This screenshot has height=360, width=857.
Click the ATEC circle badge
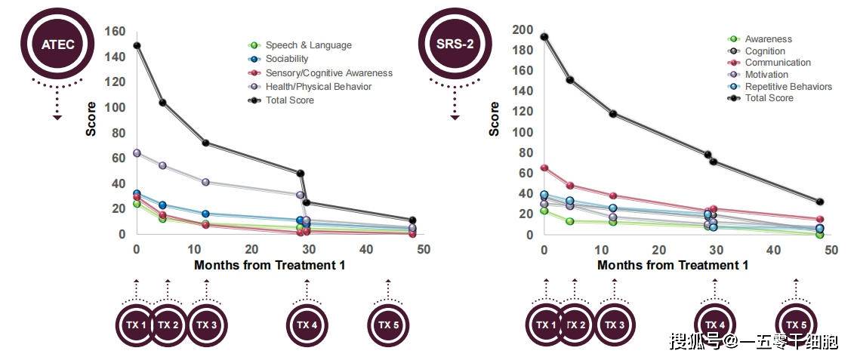click(57, 45)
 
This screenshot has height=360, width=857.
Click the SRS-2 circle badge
click(455, 44)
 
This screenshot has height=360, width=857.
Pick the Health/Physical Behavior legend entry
click(318, 86)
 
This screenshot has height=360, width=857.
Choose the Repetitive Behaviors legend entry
click(788, 86)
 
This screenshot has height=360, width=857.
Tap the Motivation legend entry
click(766, 75)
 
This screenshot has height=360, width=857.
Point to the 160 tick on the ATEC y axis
click(116, 32)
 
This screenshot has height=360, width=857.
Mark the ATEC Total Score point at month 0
click(137, 45)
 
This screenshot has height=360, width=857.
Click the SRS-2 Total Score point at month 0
click(544, 37)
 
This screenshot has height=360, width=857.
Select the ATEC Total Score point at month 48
click(412, 220)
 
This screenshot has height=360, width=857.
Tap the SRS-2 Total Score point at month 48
click(819, 202)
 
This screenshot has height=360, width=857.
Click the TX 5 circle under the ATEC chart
click(388, 325)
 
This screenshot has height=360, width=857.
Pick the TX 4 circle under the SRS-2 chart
click(715, 325)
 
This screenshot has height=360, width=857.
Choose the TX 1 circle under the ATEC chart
click(136, 325)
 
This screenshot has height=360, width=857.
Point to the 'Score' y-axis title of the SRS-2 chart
click(494, 119)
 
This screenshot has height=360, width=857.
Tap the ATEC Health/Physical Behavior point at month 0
click(137, 152)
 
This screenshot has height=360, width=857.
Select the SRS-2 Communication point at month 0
click(544, 168)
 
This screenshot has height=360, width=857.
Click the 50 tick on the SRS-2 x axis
click(831, 250)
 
